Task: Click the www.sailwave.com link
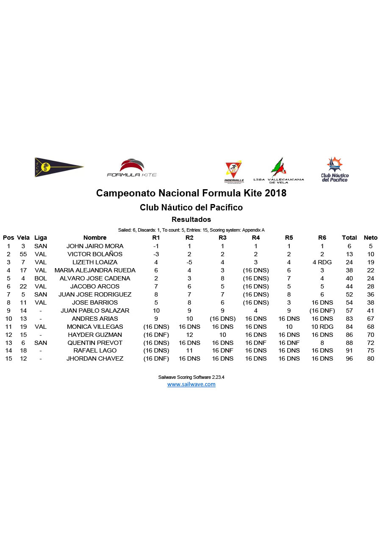(x=191, y=384)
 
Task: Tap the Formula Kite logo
(x=132, y=168)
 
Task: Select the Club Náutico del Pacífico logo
(x=335, y=169)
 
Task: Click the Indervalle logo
(x=234, y=172)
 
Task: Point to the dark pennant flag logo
(x=58, y=167)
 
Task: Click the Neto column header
(x=370, y=238)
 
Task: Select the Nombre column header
(x=95, y=238)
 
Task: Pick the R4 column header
(x=255, y=238)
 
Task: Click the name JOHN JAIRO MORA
(x=95, y=246)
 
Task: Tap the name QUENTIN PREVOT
(x=95, y=343)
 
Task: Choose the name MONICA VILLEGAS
(x=95, y=327)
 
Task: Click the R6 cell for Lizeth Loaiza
(x=322, y=262)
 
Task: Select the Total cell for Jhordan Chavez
(x=349, y=359)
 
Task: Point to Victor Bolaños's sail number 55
(x=23, y=254)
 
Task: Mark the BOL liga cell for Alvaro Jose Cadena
(x=41, y=278)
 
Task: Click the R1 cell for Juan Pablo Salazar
(x=156, y=311)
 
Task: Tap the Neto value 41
(x=371, y=311)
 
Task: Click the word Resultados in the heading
(x=191, y=219)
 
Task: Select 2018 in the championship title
(x=275, y=193)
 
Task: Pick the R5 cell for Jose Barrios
(x=289, y=302)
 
